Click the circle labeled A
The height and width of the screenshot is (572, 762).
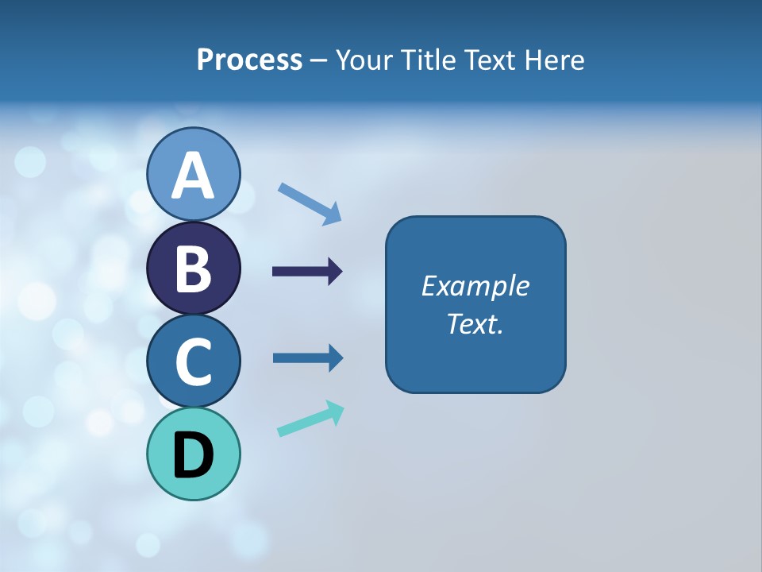click(193, 174)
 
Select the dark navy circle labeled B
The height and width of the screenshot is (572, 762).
click(193, 268)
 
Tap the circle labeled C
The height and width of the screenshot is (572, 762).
click(193, 361)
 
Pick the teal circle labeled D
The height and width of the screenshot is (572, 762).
click(193, 454)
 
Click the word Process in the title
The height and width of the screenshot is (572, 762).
click(249, 60)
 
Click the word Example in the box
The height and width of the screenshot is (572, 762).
click(475, 286)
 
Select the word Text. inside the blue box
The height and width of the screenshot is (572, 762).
click(475, 323)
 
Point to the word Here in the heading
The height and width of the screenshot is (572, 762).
click(556, 60)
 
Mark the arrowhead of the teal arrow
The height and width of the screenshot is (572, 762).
click(337, 412)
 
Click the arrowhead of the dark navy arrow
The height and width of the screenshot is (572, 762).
click(334, 272)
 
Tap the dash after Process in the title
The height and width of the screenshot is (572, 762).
click(318, 60)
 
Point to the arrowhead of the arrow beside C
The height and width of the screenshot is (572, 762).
click(335, 357)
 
